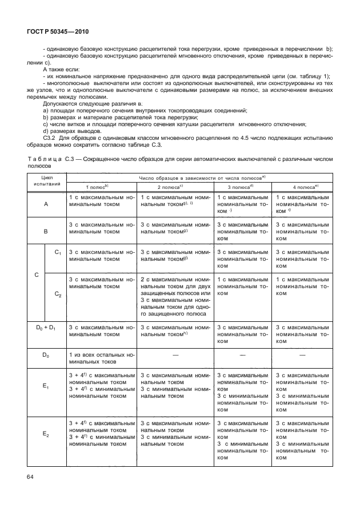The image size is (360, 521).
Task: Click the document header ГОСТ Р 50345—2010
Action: coord(58,33)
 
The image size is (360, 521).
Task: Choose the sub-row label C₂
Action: coord(58,293)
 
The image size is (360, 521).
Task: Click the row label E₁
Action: coord(46,386)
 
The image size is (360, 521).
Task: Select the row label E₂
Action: coord(46,434)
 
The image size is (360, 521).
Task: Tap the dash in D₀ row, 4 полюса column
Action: coord(301,355)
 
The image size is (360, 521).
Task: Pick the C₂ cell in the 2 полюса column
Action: coord(175,297)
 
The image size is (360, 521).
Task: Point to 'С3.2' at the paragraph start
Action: coord(51,139)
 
